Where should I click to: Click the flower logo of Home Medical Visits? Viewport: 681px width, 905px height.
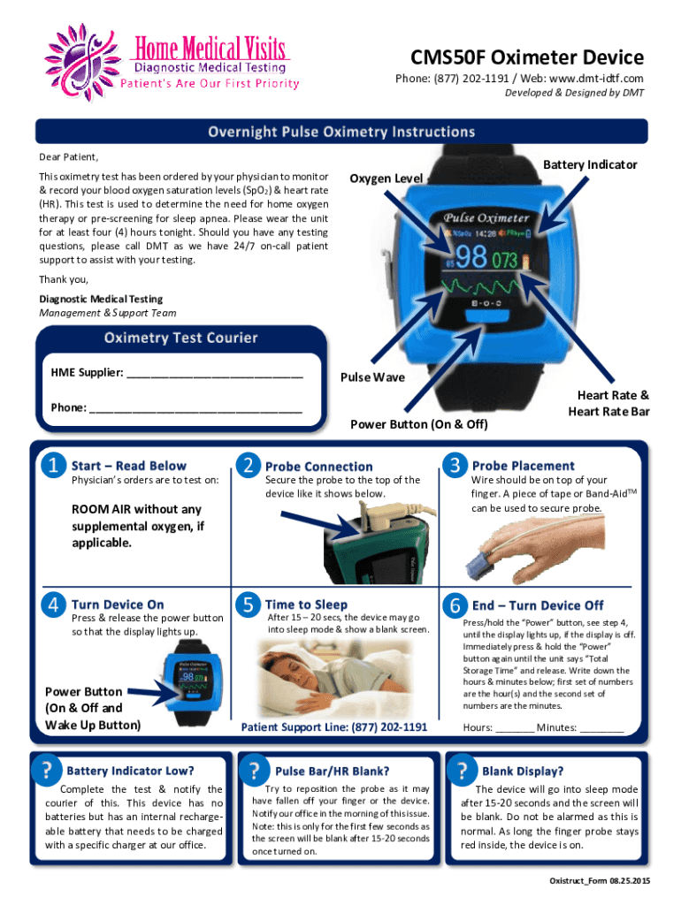point(82,63)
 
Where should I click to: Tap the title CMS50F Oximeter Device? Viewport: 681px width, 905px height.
point(527,57)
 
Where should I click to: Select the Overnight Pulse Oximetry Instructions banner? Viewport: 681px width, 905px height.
point(341,132)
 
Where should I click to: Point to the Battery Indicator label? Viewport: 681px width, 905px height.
point(590,164)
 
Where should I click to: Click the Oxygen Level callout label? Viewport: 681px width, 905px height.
point(386,179)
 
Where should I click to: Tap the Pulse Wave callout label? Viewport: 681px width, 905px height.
point(372,376)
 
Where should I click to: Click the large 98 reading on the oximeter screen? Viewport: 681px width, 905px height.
point(471,257)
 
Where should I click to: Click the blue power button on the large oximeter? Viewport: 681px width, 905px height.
point(484,317)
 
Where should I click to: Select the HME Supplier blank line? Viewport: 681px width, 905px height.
point(215,376)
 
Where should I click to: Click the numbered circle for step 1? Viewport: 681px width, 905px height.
point(54,465)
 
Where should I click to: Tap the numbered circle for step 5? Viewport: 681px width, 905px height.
point(249,605)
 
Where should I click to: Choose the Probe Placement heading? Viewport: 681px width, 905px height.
point(524,466)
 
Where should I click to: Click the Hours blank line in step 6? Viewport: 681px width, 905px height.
point(515,731)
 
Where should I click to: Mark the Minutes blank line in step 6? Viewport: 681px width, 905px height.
point(602,731)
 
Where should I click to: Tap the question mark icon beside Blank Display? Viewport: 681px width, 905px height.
point(462,771)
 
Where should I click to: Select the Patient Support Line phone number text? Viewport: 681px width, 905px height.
point(333,727)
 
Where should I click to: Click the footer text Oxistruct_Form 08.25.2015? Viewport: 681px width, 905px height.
point(600,881)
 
